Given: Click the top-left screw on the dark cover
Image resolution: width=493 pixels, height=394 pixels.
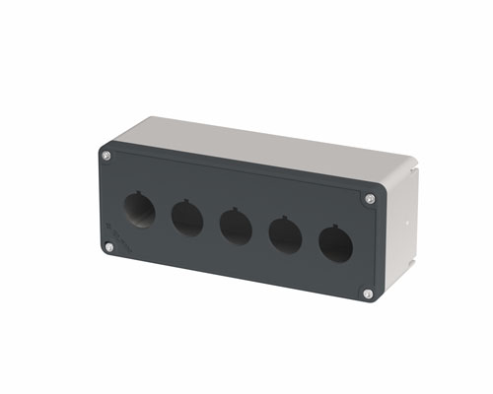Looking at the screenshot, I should click(106, 156).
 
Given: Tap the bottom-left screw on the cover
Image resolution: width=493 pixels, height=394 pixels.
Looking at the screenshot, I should click(108, 247).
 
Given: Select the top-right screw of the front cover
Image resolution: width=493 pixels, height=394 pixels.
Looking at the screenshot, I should click(370, 199).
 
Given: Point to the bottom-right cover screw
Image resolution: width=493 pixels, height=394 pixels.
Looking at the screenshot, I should click(367, 293).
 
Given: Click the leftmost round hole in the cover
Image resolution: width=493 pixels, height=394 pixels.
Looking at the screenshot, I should click(139, 210).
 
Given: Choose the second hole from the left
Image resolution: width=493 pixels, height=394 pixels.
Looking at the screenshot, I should click(186, 218).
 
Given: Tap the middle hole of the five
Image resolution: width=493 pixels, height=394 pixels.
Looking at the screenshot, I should click(235, 226).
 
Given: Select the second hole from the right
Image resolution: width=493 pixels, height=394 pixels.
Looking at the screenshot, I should click(285, 234).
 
